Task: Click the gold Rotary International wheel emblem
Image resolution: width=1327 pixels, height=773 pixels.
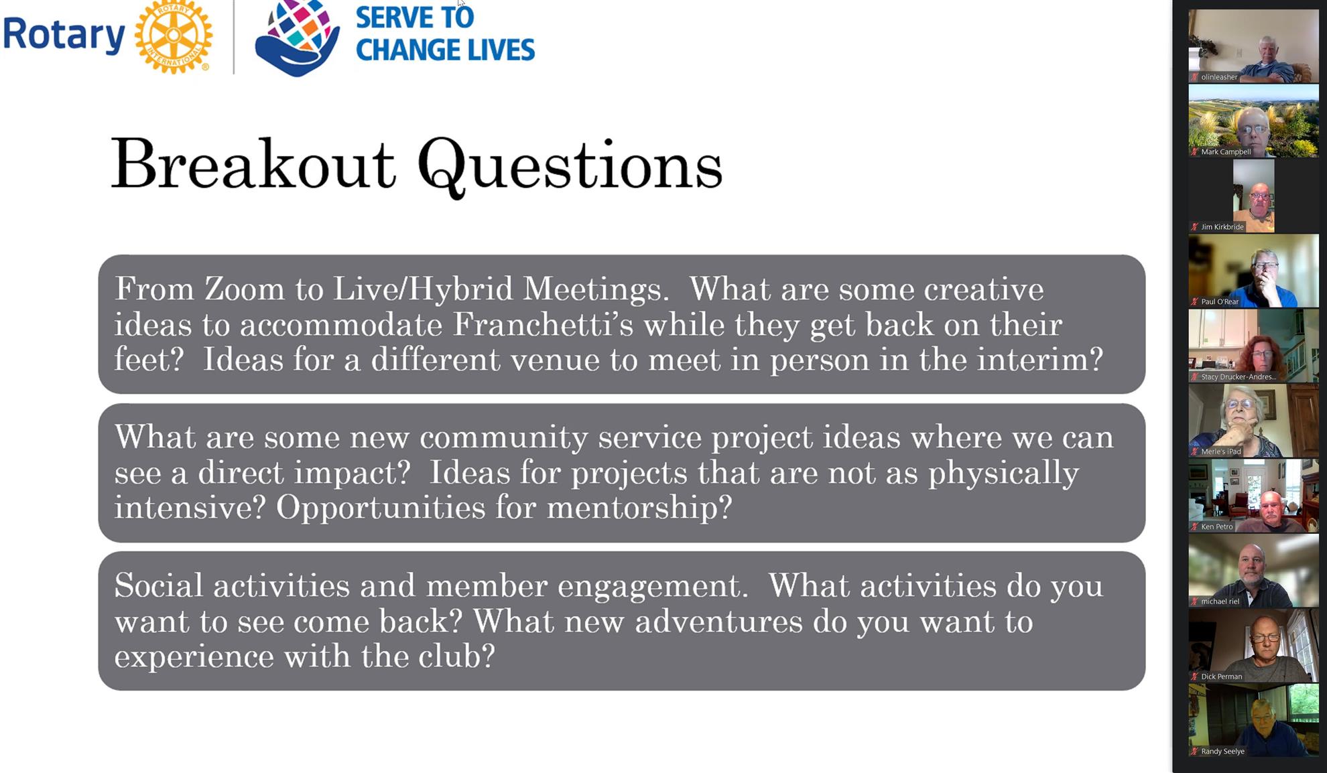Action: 174,36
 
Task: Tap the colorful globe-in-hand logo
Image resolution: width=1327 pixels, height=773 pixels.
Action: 297,38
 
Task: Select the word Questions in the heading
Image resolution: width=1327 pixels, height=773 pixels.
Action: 570,167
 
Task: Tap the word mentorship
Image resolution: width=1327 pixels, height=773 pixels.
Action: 639,507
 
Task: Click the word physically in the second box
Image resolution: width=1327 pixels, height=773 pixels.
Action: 1003,473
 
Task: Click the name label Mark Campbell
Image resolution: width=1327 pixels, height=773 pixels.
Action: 1226,152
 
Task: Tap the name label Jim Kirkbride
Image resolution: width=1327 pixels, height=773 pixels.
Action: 1222,227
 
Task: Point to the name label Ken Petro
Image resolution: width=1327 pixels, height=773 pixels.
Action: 1216,526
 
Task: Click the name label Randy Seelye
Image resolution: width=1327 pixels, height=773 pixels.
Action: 1222,752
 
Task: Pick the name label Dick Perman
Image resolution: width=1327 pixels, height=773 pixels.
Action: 1221,677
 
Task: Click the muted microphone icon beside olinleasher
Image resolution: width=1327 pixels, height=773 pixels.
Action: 1194,77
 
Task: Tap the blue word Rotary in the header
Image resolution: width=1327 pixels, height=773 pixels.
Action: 64,35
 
